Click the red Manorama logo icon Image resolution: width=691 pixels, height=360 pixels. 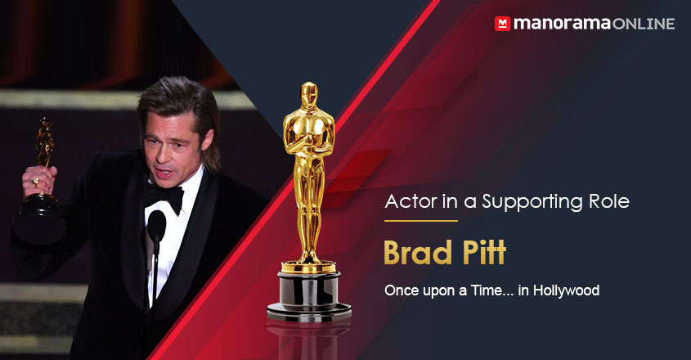point(502,24)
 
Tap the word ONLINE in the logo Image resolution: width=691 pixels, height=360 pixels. point(642,24)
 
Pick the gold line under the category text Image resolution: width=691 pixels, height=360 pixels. point(420,221)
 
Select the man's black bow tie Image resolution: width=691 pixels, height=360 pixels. point(167,197)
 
